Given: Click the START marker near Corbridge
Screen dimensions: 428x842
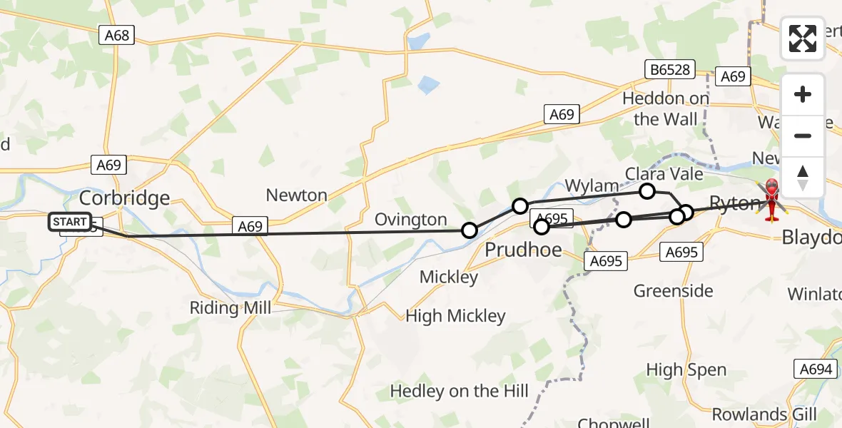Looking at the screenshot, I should coord(70,222).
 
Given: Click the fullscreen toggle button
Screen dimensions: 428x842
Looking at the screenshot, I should coord(803,39).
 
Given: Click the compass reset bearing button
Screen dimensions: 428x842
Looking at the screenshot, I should coord(803,177).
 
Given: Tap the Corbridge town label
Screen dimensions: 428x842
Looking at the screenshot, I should coord(124,198).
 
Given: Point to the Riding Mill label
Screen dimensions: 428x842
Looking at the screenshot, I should coord(230,308).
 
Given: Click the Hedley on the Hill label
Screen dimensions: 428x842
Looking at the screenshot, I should coord(459,391).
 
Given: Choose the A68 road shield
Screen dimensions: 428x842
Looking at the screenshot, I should coord(116,35).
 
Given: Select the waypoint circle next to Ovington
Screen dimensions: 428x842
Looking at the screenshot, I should coord(470,230).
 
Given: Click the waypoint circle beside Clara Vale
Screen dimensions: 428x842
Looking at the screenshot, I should coord(647,190).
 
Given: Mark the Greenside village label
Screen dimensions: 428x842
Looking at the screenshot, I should coord(673,290).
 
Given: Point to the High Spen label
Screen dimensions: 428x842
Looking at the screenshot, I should coord(686,370).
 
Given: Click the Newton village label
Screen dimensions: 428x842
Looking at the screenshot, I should coord(296,195).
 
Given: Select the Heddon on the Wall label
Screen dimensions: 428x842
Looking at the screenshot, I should coord(665,108).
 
